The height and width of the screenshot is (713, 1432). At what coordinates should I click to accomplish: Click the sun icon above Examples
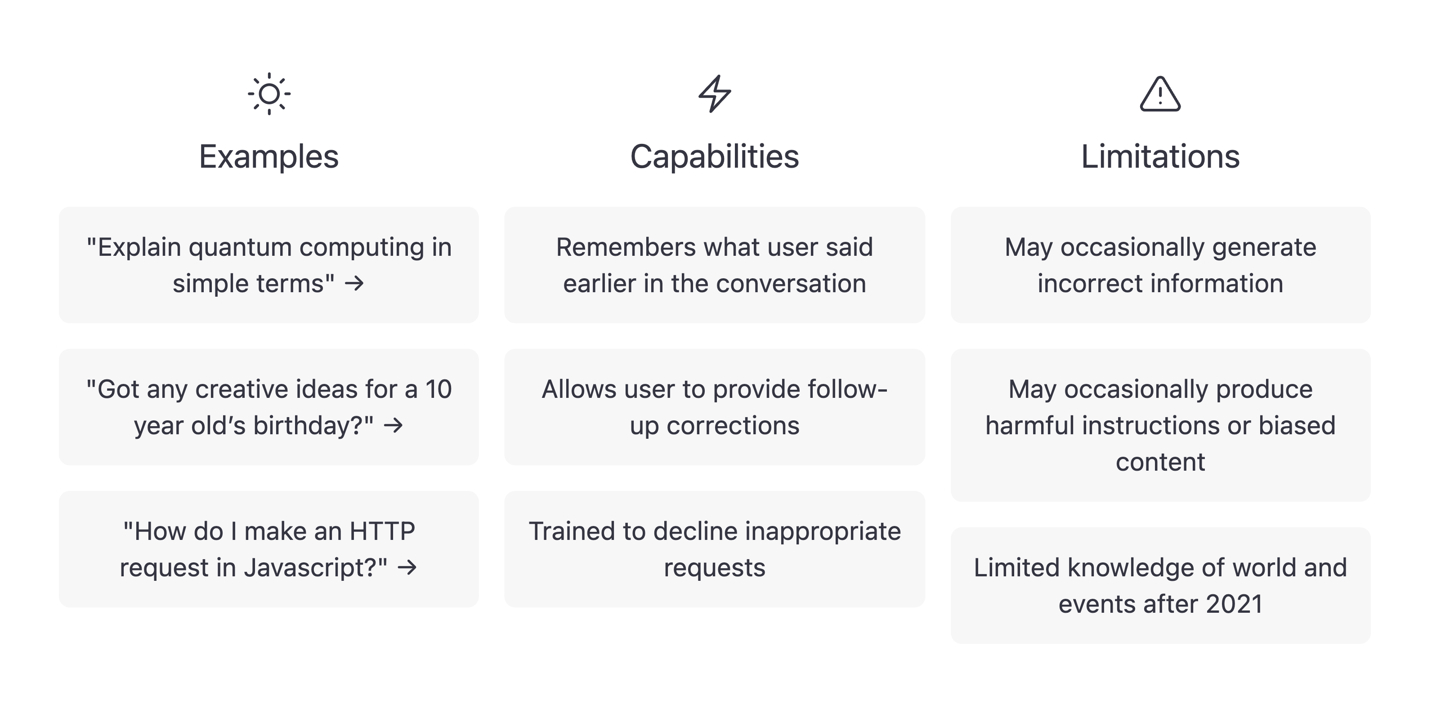coord(269,94)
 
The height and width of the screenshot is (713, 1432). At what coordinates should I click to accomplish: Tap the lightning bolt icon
coord(714,94)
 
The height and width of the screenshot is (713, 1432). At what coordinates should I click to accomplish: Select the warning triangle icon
coord(1160,94)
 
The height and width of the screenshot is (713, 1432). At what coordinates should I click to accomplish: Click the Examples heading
coord(269,157)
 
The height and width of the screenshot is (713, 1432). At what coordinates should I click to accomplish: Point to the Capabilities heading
coord(714,157)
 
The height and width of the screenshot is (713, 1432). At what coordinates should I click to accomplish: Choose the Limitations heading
coord(1160,157)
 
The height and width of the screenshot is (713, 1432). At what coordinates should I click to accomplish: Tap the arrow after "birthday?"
coord(394,426)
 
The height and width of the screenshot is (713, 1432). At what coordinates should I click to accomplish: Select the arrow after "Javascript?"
coord(407,568)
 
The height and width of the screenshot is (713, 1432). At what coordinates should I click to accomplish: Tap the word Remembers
coord(626,248)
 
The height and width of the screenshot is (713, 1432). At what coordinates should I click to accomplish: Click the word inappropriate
coord(823,532)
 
